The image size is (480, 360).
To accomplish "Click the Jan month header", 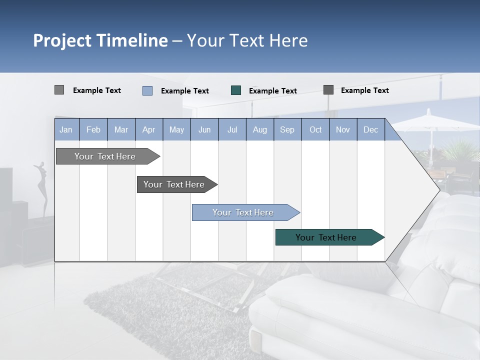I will coord(66,129).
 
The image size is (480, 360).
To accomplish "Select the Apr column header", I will coord(148,129).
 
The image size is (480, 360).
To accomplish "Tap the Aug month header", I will coord(259,129).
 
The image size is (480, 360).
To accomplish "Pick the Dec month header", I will coord(370,129).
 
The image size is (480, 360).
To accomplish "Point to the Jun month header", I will coord(204,129).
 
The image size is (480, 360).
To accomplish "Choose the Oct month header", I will coord(315,129).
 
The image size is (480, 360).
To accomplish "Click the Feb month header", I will coord(93,129).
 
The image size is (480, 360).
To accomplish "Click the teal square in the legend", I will coord(236,90).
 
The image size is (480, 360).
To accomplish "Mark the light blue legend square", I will coord(147,90).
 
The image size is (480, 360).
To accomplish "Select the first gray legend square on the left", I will coord(59,90).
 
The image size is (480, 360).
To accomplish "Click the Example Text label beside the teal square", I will coord(272,91).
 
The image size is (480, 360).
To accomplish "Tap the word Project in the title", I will coord(62,40).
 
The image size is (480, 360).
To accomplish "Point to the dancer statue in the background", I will coord(41,187).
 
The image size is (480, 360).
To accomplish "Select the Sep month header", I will coord(287,129).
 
